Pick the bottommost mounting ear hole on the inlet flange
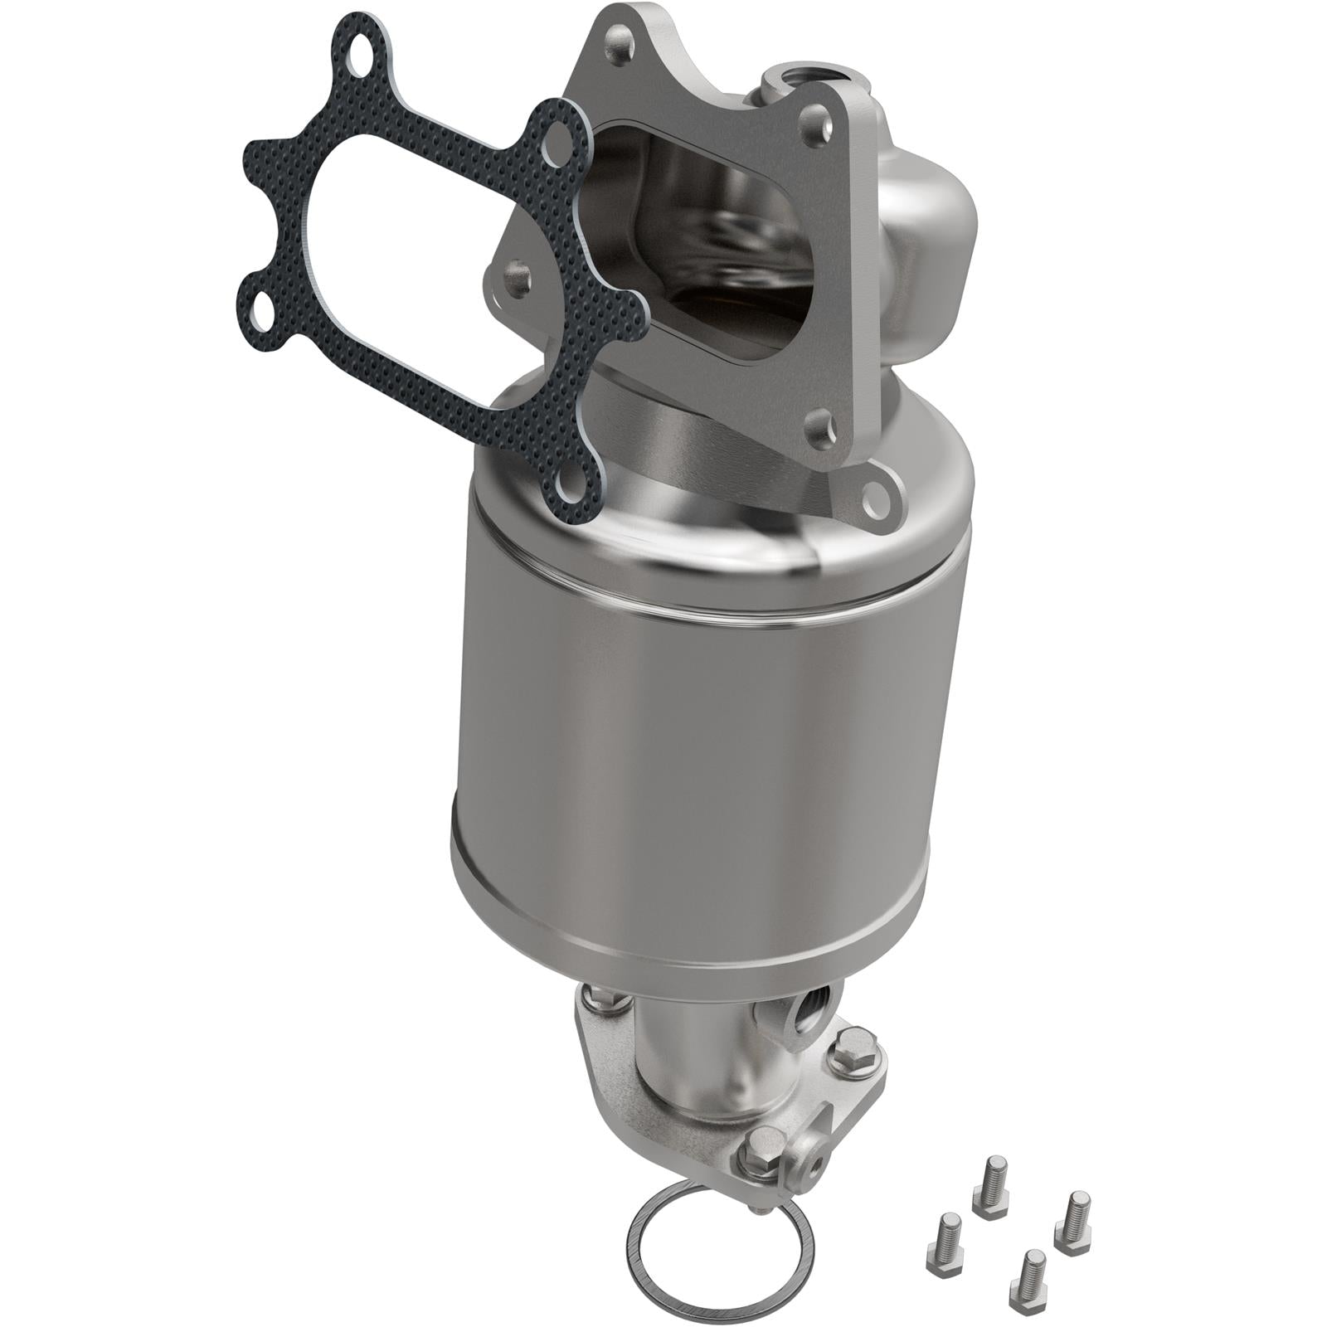click(x=873, y=495)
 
